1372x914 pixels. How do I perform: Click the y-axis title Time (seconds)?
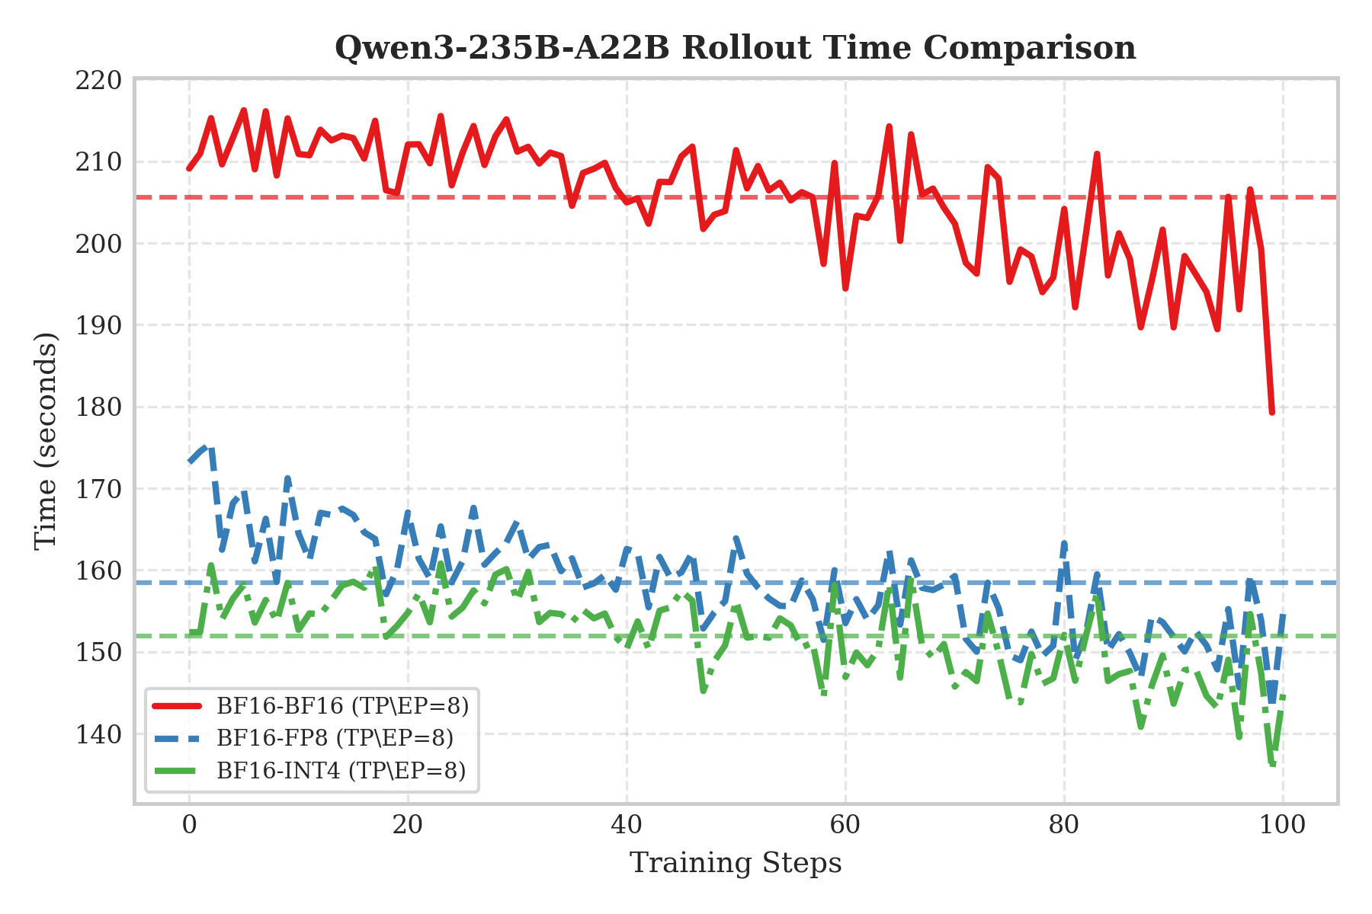[46, 440]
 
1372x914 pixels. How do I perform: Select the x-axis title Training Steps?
[736, 863]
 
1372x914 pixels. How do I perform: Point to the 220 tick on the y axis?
[98, 80]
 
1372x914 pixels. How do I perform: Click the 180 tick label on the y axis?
[98, 407]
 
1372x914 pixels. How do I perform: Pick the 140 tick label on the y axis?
[98, 734]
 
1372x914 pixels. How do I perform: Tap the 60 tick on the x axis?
[845, 825]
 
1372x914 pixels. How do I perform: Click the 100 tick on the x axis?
[1283, 825]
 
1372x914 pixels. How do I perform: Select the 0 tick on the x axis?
[189, 825]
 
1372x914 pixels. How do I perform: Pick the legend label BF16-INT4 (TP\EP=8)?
[341, 770]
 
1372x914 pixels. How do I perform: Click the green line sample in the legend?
[177, 770]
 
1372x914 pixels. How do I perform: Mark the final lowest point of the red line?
[1272, 412]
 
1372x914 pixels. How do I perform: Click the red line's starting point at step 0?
[189, 168]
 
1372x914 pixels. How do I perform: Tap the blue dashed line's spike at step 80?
[1064, 542]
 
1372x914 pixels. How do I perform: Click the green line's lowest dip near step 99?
[1272, 764]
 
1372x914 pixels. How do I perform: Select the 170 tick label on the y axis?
[98, 489]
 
